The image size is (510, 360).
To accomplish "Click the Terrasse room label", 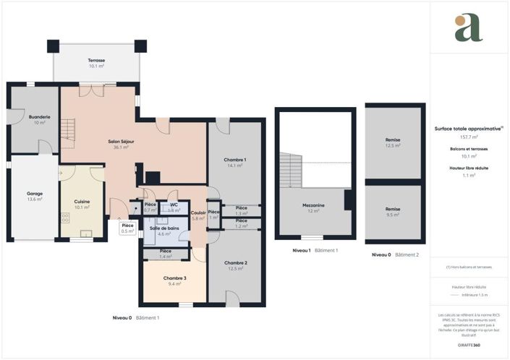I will (96, 60).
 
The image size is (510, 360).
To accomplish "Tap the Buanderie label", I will (39, 117).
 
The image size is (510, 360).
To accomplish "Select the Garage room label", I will (35, 194).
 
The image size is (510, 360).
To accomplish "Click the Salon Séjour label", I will (118, 142).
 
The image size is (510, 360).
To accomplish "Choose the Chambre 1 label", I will (235, 160).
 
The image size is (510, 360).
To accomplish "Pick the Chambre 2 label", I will (235, 263).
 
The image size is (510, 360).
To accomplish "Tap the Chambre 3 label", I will (174, 278).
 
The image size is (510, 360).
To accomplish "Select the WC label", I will (174, 205).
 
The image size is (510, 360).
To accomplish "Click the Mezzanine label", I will (314, 205).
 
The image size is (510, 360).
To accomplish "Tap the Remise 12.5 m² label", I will (393, 140).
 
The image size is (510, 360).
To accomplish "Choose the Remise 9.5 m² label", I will (393, 210).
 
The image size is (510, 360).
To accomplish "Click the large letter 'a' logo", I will (468, 27).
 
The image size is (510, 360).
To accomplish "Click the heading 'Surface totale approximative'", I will (467, 128).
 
